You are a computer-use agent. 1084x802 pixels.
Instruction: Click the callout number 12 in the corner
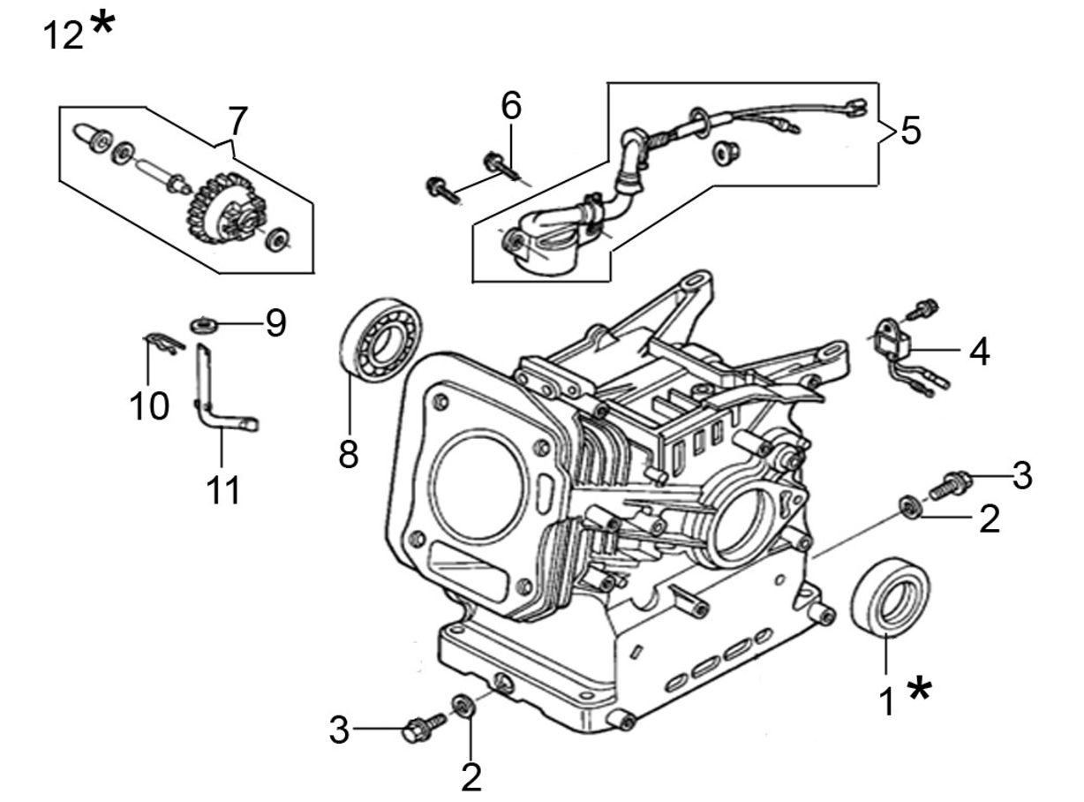tap(63, 35)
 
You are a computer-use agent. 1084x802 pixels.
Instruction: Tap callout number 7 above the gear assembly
tap(237, 121)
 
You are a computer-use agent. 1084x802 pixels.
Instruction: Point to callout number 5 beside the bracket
tap(911, 131)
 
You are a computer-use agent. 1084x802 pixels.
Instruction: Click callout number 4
tap(980, 352)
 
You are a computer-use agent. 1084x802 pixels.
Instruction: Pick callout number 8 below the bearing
tap(349, 453)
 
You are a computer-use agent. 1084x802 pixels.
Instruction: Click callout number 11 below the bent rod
tap(223, 489)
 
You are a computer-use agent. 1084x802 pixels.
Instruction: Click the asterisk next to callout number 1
tap(919, 689)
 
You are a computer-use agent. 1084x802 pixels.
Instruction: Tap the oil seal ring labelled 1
tap(890, 597)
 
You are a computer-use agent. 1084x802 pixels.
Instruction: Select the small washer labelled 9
tap(203, 325)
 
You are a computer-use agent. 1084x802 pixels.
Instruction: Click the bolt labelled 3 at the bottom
tap(423, 728)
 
